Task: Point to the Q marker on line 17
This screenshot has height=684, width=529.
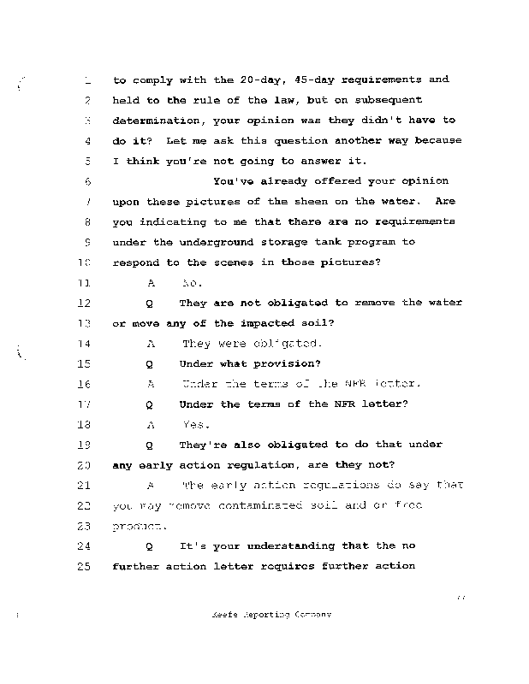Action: (x=150, y=404)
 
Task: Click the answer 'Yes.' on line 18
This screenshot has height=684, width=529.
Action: (x=197, y=424)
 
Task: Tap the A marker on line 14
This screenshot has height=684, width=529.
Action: (x=150, y=344)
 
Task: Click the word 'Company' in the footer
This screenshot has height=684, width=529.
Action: (x=308, y=615)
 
